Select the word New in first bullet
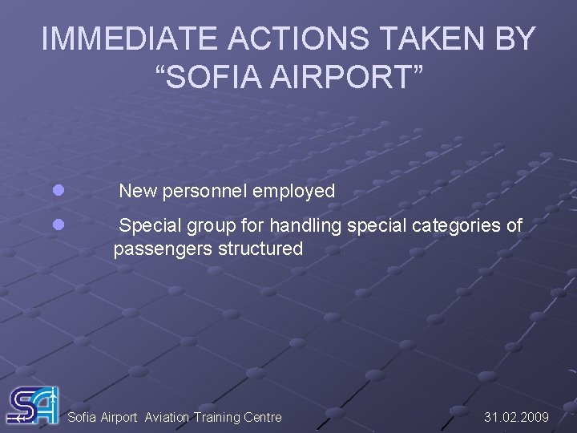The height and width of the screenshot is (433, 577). coord(138,191)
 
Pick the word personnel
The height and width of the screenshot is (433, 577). coord(204,191)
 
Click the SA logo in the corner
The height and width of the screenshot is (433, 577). coord(33,406)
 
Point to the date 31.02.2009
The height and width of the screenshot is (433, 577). coord(516,417)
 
